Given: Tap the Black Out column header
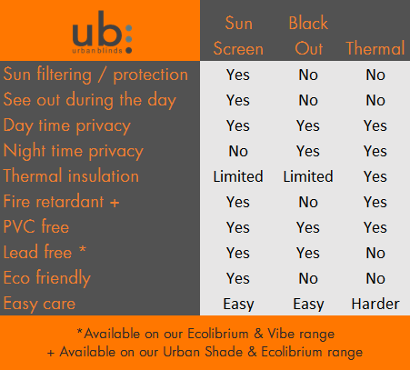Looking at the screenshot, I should (x=308, y=35).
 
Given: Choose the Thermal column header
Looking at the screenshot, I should (x=375, y=48).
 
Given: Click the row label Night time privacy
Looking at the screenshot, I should (x=74, y=151).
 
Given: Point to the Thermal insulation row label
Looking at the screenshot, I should (x=72, y=176).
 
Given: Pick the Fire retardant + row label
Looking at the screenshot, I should (x=62, y=202).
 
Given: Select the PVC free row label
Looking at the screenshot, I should (x=36, y=227).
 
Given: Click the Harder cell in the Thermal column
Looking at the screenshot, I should (x=375, y=304).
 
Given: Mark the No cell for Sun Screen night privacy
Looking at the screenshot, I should (x=237, y=151).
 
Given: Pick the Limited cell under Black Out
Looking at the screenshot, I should (x=308, y=176).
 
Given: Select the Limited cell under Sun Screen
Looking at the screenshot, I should (x=237, y=176).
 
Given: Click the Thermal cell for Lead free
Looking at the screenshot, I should (x=375, y=253).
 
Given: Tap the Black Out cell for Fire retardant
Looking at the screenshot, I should (x=308, y=202).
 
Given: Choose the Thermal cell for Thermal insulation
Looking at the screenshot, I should (x=375, y=176).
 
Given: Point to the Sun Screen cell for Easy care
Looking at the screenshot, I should (x=237, y=304).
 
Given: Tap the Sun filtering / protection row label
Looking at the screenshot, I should (x=95, y=75).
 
